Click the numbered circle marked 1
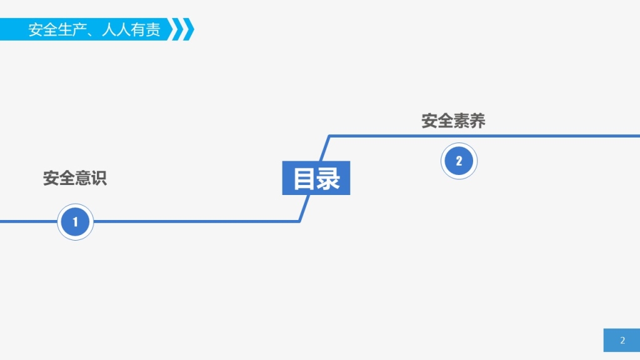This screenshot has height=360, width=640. pos(75,222)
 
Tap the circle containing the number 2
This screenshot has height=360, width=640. pos(459,161)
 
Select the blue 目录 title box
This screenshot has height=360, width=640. pos(316,178)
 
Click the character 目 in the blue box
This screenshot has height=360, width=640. pos(304,178)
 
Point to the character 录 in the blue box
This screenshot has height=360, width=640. pos(328,178)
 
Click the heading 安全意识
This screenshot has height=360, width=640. pos(75,178)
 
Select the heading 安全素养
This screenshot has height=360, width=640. pos(453,121)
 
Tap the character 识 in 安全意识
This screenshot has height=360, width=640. pos(99,178)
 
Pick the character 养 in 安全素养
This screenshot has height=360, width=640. pos(477,121)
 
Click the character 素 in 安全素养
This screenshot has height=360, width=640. pos(461,121)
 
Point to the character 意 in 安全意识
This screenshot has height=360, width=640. pos(83,178)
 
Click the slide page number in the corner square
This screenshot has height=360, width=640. pos(622,340)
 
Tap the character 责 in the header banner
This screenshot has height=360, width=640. pos(153,29)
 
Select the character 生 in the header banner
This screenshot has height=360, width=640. pos(65,29)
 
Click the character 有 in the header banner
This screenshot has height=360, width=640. pos(138,29)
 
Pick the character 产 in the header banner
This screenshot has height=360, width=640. pos(80,29)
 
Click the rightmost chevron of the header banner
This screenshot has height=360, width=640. pos(189,29)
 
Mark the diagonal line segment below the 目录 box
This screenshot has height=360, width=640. pos(304,208)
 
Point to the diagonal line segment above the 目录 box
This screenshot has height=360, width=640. pos(325,148)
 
